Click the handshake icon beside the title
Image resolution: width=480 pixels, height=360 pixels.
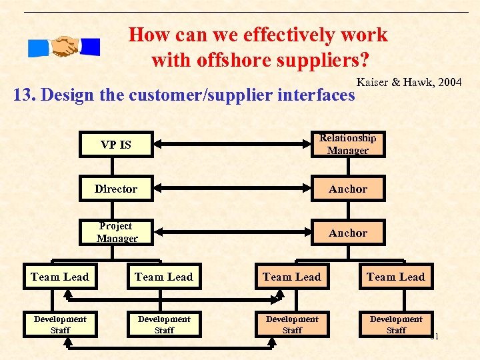[64, 47]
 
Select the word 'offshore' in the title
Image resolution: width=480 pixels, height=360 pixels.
[229, 61]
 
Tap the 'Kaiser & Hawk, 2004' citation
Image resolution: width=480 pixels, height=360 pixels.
[409, 83]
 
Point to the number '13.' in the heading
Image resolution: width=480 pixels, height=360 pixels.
[25, 95]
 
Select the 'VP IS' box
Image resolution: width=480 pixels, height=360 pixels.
[116, 145]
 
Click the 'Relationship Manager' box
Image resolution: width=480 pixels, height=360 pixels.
[347, 144]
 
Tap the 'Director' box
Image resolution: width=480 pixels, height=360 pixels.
[116, 189]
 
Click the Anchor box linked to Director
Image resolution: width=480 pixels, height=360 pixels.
[347, 189]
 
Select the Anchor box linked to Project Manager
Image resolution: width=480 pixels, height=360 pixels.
[347, 233]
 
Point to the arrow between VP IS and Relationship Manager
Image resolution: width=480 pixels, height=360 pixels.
[231, 144]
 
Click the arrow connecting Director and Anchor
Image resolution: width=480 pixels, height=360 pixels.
[231, 189]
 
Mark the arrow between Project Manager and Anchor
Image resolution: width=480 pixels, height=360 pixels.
[231, 233]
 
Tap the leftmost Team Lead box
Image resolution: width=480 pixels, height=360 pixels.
[60, 277]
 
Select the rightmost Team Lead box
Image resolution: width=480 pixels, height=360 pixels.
[395, 277]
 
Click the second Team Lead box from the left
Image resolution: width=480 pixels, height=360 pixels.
[163, 277]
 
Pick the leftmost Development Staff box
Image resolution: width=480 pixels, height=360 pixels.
[60, 324]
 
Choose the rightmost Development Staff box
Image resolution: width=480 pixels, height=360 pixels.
[395, 324]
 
